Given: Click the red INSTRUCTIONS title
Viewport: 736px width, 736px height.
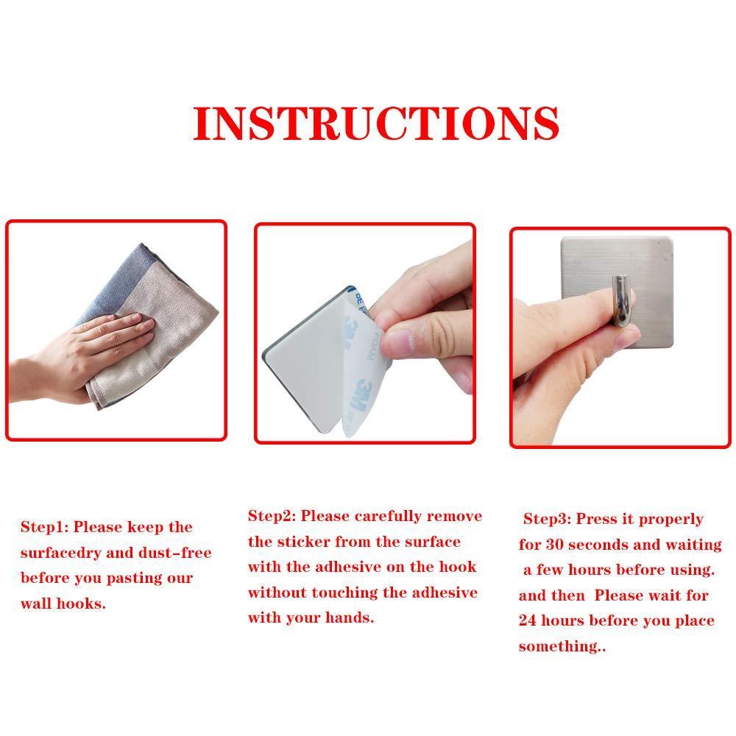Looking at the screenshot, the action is [x=376, y=123].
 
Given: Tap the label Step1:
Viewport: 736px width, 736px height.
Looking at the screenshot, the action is [x=45, y=527].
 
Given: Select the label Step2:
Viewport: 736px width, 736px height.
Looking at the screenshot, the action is [x=272, y=516].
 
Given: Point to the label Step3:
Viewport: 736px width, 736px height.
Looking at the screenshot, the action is [x=548, y=519].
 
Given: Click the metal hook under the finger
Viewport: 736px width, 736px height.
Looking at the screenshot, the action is [x=623, y=300].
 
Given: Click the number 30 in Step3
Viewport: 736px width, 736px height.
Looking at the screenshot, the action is [x=554, y=545].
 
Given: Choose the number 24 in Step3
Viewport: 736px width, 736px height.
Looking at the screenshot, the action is [x=528, y=620].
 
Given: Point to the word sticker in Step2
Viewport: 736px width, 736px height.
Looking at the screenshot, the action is [x=304, y=542].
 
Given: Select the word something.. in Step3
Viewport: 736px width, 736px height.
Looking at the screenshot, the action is [x=562, y=647].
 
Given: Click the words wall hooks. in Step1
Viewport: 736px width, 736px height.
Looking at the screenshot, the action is [x=63, y=604].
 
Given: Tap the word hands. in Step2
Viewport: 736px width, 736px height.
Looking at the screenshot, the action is [x=350, y=618].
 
